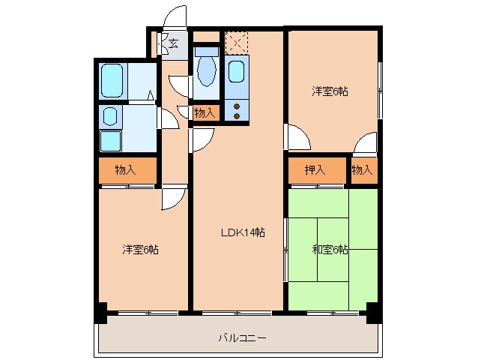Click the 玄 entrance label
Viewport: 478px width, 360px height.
point(172,43)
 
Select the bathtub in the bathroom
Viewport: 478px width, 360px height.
point(112,79)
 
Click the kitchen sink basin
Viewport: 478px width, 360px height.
point(236,72)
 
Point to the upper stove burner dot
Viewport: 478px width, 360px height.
point(238,106)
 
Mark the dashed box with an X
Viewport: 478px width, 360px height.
point(237,41)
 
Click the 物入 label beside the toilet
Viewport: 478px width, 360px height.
point(205,113)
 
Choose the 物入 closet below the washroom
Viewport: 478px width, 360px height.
point(126,170)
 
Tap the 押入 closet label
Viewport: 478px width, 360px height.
point(315,170)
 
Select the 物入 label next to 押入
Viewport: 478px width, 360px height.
point(363,170)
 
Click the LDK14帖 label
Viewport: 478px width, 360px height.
point(241,232)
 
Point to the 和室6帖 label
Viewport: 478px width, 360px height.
point(330,249)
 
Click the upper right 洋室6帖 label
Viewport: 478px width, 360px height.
point(330,91)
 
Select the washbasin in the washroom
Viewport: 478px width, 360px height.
point(109,116)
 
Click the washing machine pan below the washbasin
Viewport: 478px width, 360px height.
point(110,141)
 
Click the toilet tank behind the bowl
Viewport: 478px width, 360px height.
point(206,52)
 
